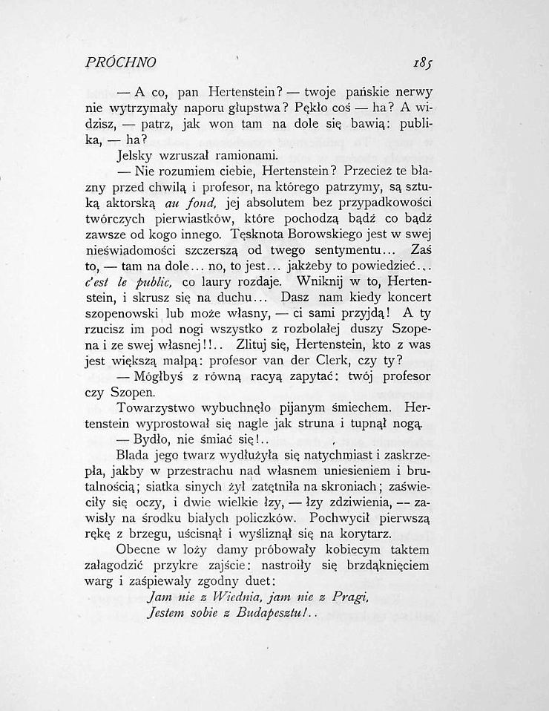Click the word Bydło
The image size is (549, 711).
click(x=160, y=442)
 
